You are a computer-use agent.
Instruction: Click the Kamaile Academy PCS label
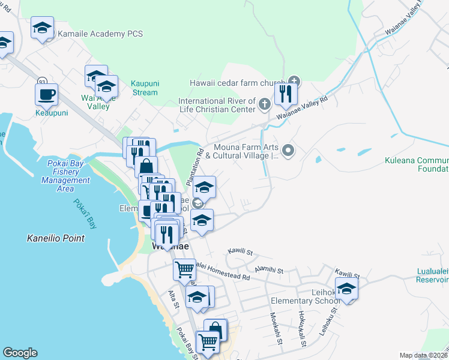100,34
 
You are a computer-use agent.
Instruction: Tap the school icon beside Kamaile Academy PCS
43,28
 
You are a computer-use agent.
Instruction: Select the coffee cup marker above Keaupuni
46,94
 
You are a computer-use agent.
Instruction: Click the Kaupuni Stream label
144,88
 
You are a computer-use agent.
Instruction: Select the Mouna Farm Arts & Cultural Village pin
288,151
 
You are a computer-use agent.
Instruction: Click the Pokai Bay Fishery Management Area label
65,172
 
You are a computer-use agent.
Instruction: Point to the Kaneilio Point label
56,238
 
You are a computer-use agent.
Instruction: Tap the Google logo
20,353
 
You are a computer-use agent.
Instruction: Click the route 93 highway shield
42,81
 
